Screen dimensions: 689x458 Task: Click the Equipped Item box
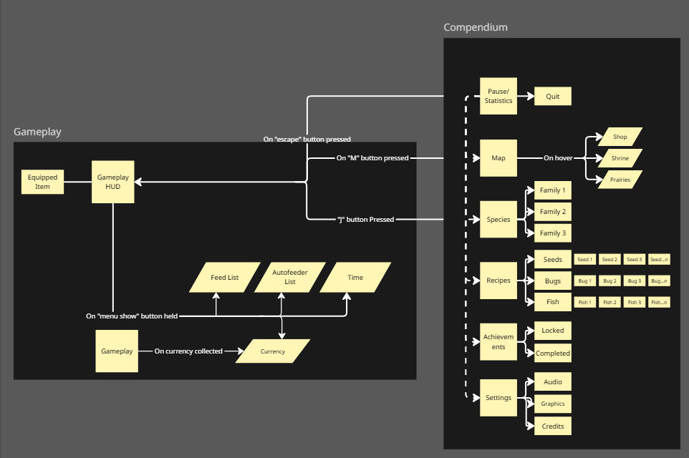coord(43,182)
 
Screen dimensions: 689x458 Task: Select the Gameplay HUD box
coord(113,182)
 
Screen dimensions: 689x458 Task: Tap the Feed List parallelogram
coord(225,278)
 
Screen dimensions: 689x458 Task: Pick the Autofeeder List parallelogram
coord(290,278)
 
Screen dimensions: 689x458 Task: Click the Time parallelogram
coord(355,278)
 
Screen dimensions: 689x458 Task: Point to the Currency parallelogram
coord(273,351)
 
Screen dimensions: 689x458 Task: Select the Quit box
coord(553,96)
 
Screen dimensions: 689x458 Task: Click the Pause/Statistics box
coord(498,96)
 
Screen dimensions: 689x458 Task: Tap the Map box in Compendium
coord(498,158)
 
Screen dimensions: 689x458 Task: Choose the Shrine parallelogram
coord(620,158)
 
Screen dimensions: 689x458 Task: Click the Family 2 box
coord(553,212)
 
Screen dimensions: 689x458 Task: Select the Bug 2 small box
coord(609,281)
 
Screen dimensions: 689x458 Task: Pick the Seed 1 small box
coord(585,260)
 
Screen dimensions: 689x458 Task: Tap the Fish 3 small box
coord(635,302)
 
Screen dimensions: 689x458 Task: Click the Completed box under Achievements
coord(553,354)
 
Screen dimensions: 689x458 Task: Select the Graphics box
coord(553,404)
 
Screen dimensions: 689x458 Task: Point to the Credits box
coord(553,427)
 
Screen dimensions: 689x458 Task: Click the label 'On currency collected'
coord(188,351)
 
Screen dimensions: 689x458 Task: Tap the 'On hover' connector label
coord(558,158)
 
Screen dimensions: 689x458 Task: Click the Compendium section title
coord(476,27)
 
